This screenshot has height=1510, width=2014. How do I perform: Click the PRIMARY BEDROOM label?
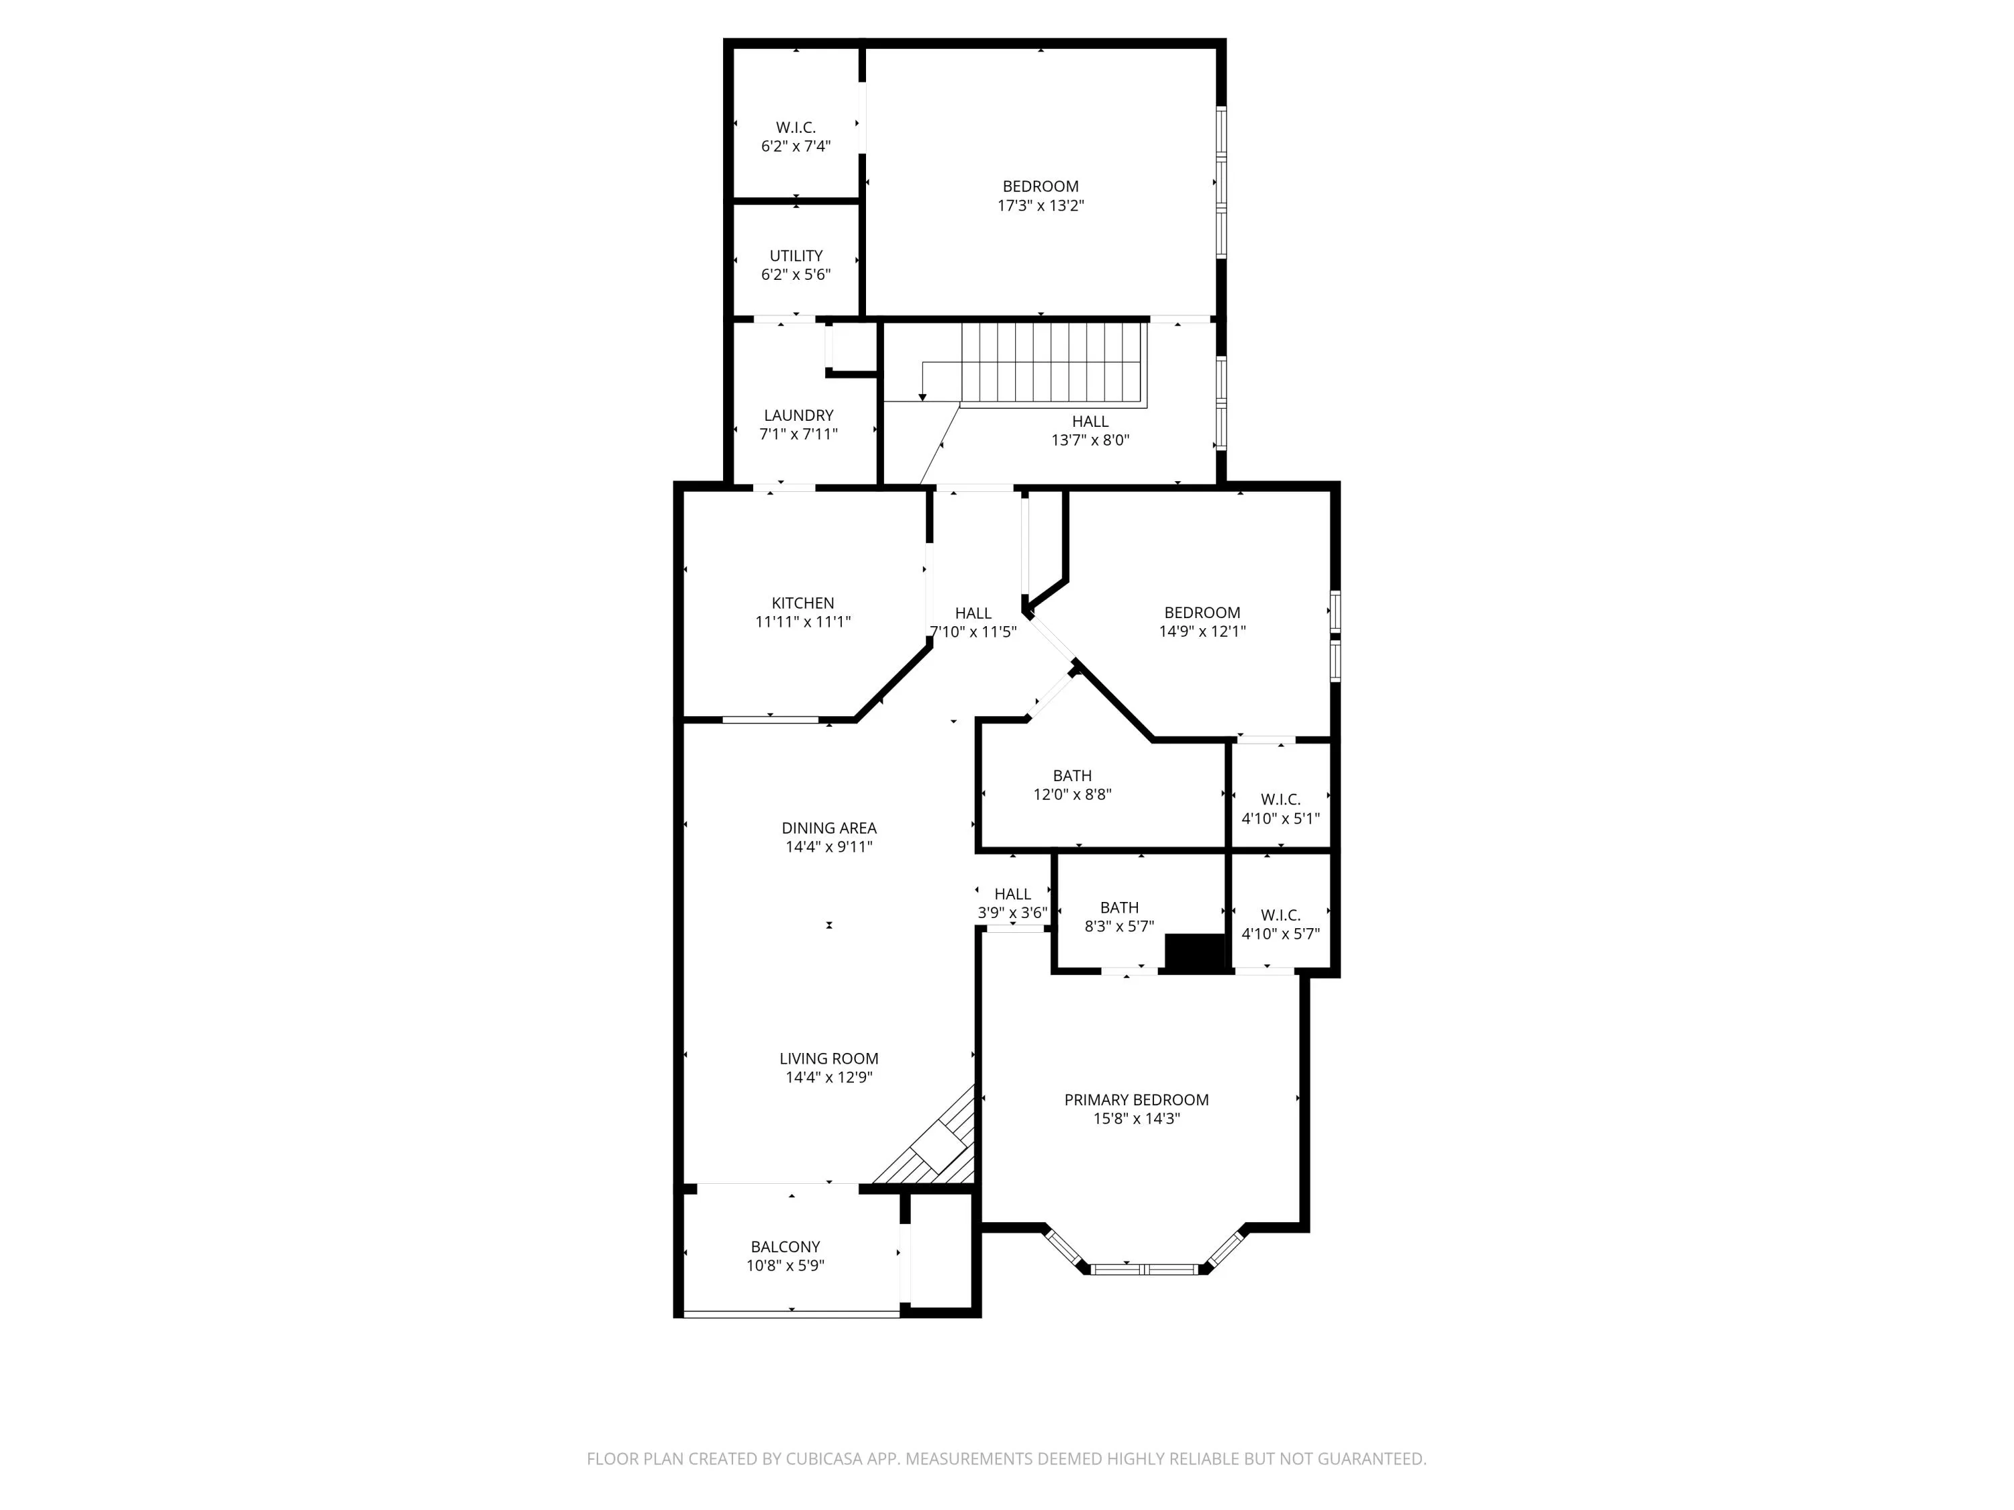point(1137,1099)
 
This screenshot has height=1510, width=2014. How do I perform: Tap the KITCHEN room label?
point(802,603)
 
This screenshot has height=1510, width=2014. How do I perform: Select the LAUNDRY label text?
point(798,415)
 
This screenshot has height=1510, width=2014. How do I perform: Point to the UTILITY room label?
point(796,256)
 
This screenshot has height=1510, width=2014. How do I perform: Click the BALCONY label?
point(785,1247)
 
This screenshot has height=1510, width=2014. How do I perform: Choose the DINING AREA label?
point(828,828)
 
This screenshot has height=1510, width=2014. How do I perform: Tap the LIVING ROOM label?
point(828,1058)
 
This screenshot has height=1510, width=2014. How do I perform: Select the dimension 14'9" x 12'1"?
point(1202,632)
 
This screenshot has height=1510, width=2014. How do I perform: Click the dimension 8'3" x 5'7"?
point(1119,927)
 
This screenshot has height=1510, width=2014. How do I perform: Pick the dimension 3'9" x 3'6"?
point(1012,913)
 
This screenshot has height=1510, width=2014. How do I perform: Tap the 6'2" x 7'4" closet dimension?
point(796,146)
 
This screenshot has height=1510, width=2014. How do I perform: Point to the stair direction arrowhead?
point(922,397)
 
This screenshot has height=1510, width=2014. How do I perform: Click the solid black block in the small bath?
point(1196,953)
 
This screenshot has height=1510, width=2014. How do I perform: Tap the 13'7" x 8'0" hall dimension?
point(1090,440)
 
